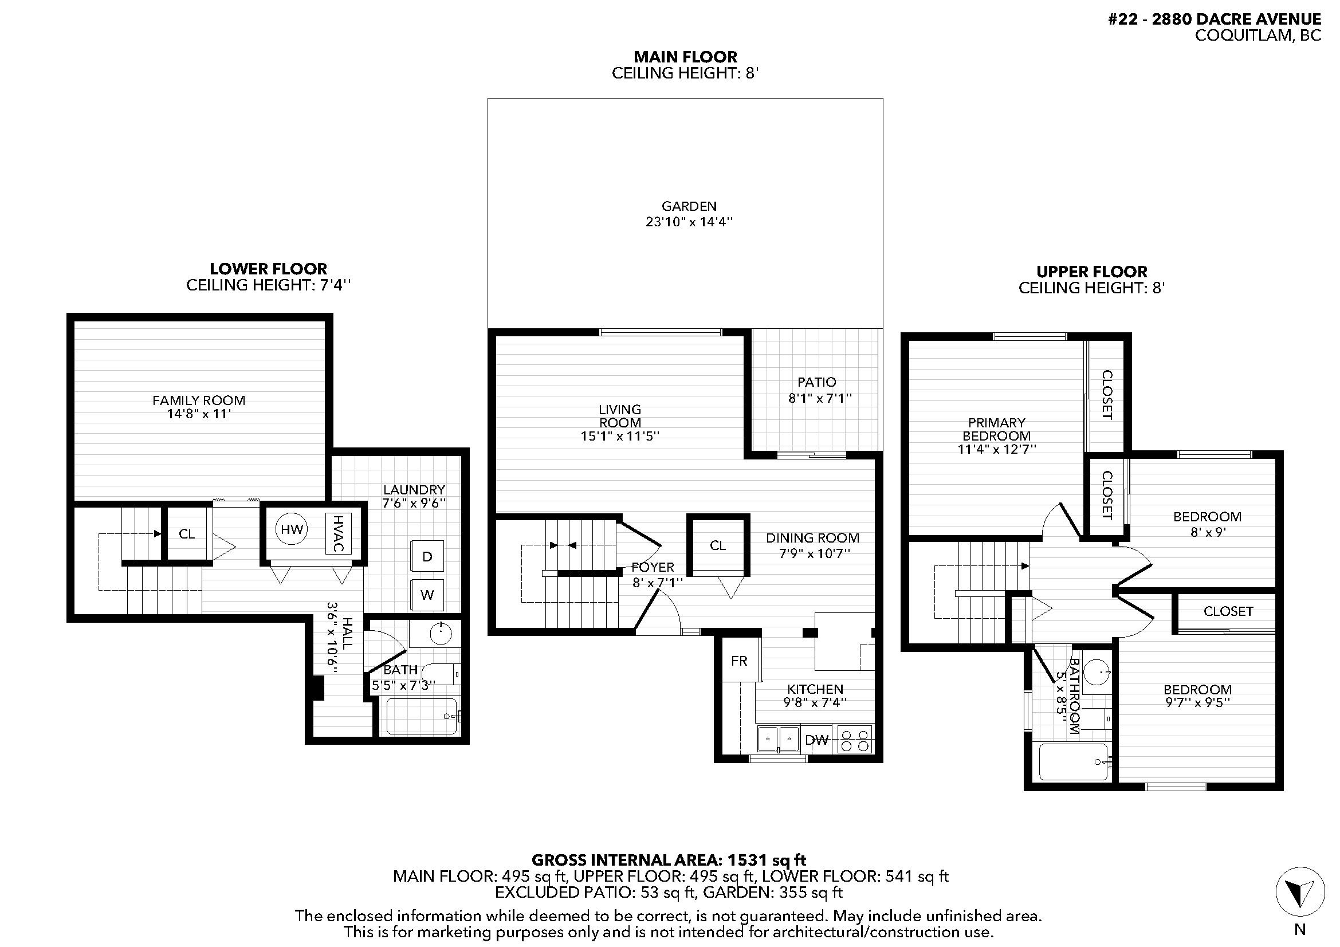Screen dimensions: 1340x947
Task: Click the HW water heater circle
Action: (292, 529)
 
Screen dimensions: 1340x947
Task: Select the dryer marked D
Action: (427, 557)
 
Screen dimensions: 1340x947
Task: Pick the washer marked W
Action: (427, 595)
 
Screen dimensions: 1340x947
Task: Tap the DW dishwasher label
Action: (817, 740)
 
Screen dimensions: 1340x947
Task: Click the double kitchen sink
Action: (779, 739)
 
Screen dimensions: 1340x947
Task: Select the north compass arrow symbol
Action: (1300, 891)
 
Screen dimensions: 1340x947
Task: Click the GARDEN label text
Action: (689, 206)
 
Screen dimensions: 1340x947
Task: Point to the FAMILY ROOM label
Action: (198, 400)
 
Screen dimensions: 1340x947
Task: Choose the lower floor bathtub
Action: (422, 717)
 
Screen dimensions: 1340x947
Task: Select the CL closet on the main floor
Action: (718, 545)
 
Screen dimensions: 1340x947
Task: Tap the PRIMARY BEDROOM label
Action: (997, 429)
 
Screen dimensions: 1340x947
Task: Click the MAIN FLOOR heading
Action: (685, 57)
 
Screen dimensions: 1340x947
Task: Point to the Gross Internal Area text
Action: (669, 860)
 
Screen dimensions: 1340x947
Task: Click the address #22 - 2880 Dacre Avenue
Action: (1215, 19)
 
